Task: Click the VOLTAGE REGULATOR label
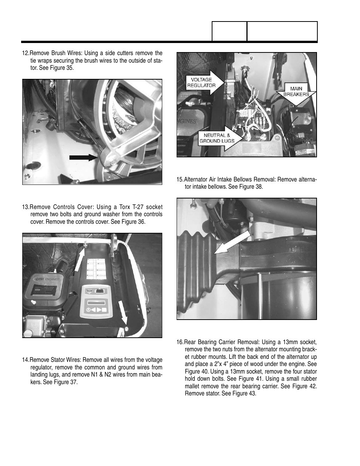tap(202, 82)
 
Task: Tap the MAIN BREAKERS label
tap(296, 92)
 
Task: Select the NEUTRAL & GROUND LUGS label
tap(217, 138)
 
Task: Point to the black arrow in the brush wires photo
tap(83, 158)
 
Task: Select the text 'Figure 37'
tap(66, 382)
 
